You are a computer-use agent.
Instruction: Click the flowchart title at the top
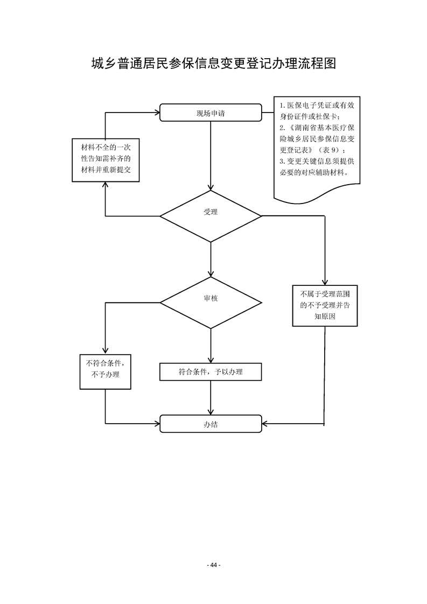click(x=213, y=64)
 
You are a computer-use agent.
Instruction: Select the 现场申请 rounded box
click(x=211, y=113)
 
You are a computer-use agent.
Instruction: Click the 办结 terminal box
click(x=211, y=424)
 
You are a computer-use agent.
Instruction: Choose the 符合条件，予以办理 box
click(x=211, y=371)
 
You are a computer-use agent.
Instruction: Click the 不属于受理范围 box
click(x=325, y=305)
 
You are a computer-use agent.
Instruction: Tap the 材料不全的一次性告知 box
click(x=106, y=159)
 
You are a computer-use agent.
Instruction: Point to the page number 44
click(x=214, y=565)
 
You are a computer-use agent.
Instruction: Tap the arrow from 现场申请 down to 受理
click(x=211, y=156)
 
